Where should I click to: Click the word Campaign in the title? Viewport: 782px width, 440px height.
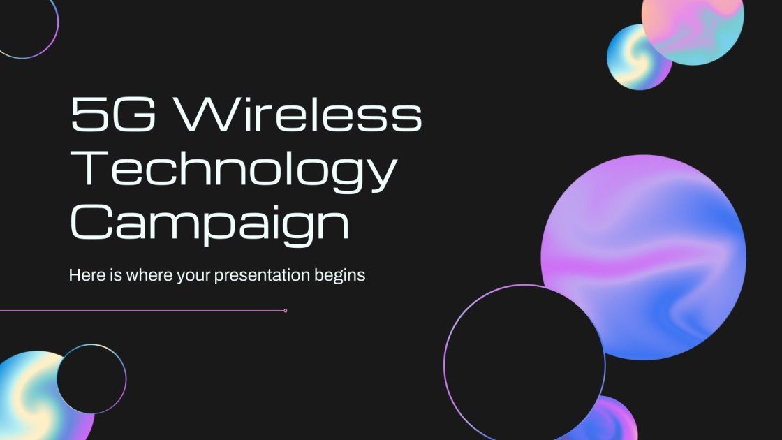point(209,222)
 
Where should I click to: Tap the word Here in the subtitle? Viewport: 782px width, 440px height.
point(86,275)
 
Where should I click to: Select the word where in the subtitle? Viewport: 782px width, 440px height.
point(140,275)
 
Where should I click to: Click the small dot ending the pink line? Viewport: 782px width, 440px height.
point(286,310)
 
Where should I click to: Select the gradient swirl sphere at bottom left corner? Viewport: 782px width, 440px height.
point(28,398)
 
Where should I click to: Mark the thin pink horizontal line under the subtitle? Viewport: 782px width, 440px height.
point(140,310)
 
